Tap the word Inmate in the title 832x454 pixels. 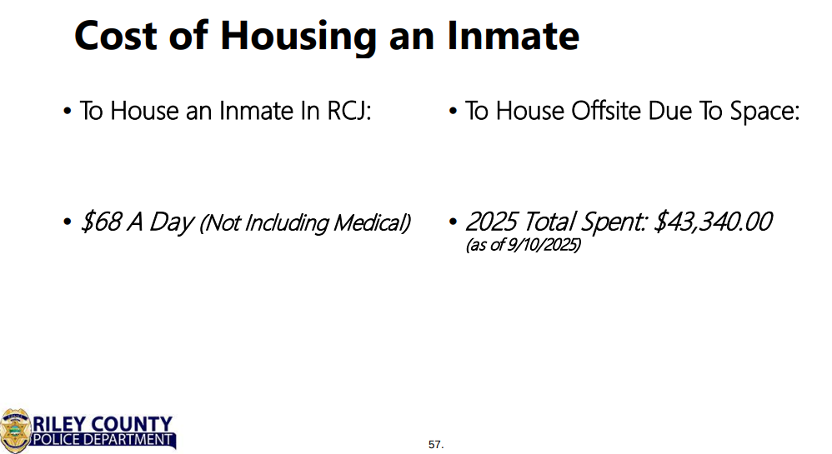(x=513, y=36)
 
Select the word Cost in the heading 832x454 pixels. (x=116, y=36)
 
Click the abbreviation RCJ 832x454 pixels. (x=348, y=111)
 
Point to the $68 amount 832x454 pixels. (x=101, y=221)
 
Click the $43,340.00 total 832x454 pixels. (x=713, y=221)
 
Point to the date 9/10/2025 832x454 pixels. (x=542, y=245)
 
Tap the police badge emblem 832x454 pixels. (x=15, y=431)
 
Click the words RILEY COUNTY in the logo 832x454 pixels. (x=103, y=424)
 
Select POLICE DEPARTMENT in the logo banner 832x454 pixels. (x=103, y=440)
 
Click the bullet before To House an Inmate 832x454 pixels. (x=67, y=112)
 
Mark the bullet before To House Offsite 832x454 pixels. (x=453, y=112)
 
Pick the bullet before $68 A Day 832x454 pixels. (x=67, y=222)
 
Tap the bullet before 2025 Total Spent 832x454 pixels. (x=453, y=222)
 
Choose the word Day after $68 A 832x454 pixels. (x=171, y=222)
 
